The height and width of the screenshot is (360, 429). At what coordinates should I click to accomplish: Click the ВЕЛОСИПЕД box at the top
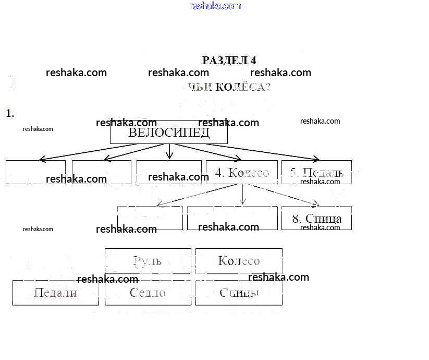[169, 133]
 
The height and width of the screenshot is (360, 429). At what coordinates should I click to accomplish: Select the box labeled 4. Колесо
[241, 173]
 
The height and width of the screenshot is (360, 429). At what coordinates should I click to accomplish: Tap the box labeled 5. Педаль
[316, 173]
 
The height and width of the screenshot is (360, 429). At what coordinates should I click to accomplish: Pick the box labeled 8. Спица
[316, 218]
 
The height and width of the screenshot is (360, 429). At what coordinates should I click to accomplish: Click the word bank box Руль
[148, 261]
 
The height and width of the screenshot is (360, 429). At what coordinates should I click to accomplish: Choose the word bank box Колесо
[239, 261]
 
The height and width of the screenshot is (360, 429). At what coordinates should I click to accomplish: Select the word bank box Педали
[55, 293]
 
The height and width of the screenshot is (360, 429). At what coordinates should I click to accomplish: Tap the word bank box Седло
[148, 293]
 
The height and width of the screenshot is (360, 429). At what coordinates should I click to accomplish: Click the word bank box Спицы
[239, 293]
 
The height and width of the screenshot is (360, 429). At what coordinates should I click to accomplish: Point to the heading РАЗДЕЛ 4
[229, 61]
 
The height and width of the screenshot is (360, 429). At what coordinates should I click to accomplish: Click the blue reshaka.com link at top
[215, 6]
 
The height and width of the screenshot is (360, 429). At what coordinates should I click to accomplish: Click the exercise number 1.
[9, 113]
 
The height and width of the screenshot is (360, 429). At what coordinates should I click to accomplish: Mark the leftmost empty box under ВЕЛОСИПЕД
[35, 172]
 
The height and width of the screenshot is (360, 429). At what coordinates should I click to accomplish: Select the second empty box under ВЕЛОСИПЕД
[101, 172]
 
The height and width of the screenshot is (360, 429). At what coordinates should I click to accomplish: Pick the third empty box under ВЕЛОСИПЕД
[169, 172]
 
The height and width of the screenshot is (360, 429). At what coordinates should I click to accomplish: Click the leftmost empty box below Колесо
[150, 218]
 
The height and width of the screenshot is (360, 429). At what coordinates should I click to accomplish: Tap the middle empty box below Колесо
[232, 218]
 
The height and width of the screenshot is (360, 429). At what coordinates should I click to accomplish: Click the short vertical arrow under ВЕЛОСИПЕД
[169, 151]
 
